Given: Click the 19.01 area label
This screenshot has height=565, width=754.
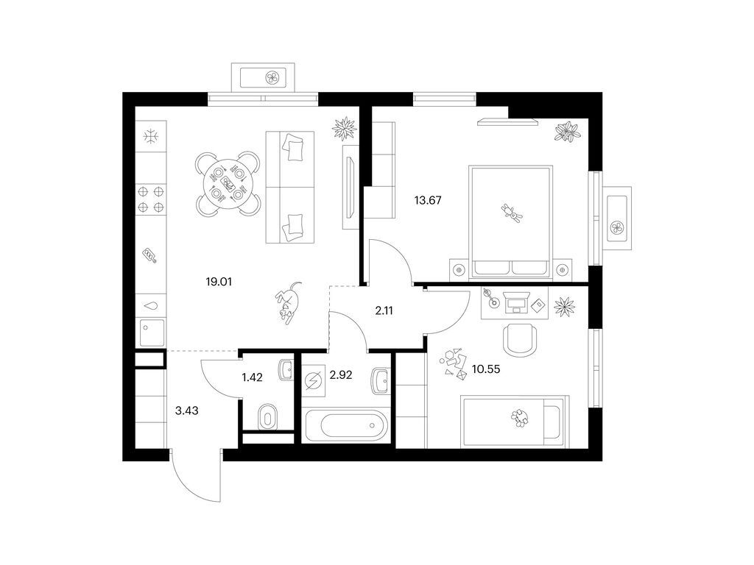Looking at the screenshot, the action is tap(219, 282).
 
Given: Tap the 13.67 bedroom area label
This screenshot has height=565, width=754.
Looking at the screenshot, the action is tap(428, 200).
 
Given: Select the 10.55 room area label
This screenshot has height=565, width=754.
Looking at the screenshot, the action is tap(486, 369).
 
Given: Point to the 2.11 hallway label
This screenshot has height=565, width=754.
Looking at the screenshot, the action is tap(384, 311).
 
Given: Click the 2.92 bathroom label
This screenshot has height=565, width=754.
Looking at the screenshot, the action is tap(340, 374).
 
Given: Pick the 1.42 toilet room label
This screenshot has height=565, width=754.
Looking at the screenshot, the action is tap(252, 377).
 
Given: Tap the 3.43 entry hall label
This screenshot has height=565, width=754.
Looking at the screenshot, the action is tap(186, 411).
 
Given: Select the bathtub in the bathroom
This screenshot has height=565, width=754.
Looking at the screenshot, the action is tap(346, 424).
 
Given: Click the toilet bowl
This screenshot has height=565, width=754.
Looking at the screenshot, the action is tap(267, 416).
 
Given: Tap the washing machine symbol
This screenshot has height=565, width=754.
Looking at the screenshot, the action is tap(314, 382).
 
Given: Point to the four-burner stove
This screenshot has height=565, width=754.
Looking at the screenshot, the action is tap(150, 199).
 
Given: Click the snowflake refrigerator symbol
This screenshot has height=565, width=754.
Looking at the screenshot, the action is tap(151, 137).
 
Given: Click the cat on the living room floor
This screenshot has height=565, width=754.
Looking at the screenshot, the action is tap(289, 302).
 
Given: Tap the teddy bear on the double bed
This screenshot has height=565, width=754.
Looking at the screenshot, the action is tap(511, 212).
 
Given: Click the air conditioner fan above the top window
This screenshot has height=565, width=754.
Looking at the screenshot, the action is tap(272, 77).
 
